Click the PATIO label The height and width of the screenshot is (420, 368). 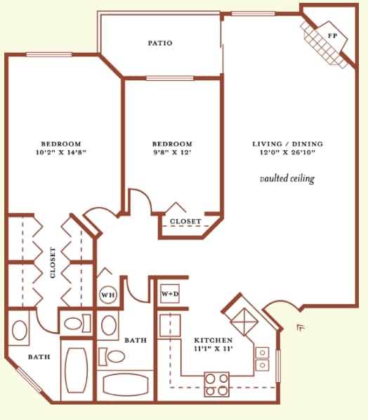160,43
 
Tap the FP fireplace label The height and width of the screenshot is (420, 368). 332,36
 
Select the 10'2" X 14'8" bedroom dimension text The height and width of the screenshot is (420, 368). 61,152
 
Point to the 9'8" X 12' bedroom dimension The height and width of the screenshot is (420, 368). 172,152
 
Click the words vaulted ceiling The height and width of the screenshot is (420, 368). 287,178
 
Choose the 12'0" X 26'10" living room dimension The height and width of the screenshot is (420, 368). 287,152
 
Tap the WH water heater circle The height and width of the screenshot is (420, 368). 108,295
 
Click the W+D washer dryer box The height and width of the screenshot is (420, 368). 170,294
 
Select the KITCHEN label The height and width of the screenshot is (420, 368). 213,340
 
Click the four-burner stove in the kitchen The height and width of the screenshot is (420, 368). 217,384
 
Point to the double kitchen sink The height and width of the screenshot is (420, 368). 262,359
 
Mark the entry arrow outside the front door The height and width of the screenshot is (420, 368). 301,327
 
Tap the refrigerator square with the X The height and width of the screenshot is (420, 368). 244,322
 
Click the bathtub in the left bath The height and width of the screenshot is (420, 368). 77,370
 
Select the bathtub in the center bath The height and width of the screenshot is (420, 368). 125,385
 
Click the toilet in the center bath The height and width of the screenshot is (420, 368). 112,357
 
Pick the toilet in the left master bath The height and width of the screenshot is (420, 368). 77,323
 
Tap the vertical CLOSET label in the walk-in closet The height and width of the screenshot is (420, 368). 53,263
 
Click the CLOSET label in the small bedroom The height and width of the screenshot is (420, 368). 185,221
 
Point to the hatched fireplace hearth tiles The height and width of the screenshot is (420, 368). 324,45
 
